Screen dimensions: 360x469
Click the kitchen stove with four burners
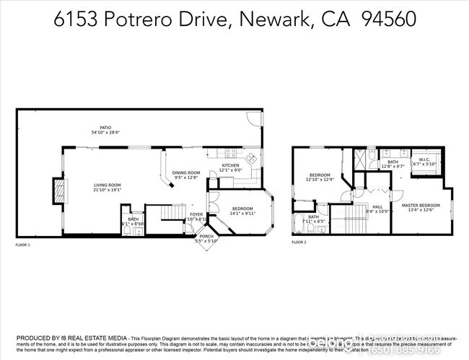231,152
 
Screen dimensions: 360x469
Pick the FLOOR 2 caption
299,242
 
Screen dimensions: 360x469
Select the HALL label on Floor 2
377,208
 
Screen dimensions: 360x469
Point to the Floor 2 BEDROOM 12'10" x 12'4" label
320,177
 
